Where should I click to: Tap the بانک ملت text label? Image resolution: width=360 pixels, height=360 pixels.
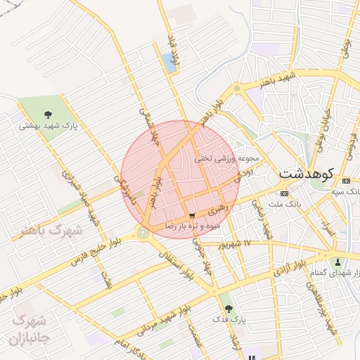pyautogui.click(x=284, y=204)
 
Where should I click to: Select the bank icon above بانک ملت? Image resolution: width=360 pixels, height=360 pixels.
pyautogui.click(x=284, y=193)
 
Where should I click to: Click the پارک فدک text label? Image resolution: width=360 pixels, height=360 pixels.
pyautogui.click(x=230, y=319)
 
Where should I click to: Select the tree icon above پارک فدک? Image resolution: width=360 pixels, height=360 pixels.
pyautogui.click(x=226, y=308)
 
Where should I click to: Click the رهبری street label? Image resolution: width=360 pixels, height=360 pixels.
pyautogui.click(x=217, y=209)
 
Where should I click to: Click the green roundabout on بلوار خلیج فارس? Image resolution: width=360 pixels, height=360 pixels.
pyautogui.click(x=143, y=231)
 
